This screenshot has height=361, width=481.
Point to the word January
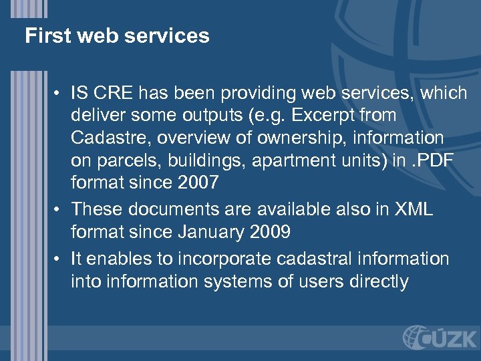pos(214,231)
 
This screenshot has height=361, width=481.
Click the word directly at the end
pos(379,281)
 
